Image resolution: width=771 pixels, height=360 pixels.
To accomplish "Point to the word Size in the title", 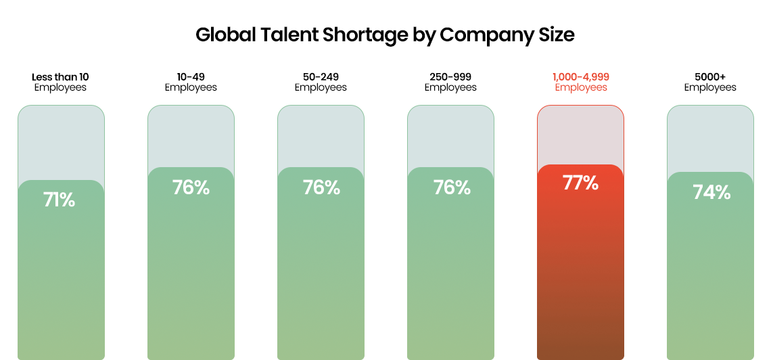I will [x=556, y=35].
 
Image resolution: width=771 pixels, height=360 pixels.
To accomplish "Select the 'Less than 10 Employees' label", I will [x=60, y=82].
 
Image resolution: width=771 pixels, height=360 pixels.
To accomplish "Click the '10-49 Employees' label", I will [x=191, y=82].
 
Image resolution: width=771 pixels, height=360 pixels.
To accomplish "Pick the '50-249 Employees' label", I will [x=321, y=82].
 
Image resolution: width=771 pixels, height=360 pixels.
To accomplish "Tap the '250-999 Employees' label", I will [x=450, y=82].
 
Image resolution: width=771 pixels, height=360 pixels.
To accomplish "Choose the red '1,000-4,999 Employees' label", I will [x=580, y=82].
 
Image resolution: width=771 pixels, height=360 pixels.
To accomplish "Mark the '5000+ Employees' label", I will [x=710, y=82].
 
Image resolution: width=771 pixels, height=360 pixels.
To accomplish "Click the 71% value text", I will [x=60, y=200].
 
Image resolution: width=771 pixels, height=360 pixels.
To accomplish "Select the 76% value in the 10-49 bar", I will [x=191, y=187].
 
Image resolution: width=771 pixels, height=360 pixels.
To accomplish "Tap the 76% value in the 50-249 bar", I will [x=321, y=187].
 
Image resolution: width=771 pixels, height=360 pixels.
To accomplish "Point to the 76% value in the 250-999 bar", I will [x=452, y=187].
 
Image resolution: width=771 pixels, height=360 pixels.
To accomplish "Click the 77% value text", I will [x=580, y=183].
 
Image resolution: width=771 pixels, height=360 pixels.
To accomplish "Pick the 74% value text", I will [x=711, y=192].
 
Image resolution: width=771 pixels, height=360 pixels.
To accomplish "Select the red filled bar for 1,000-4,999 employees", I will [x=580, y=271].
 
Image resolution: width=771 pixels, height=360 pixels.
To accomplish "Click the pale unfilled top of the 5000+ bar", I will [x=710, y=139].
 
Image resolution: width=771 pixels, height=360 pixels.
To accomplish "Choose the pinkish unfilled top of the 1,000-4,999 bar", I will [x=580, y=135].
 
